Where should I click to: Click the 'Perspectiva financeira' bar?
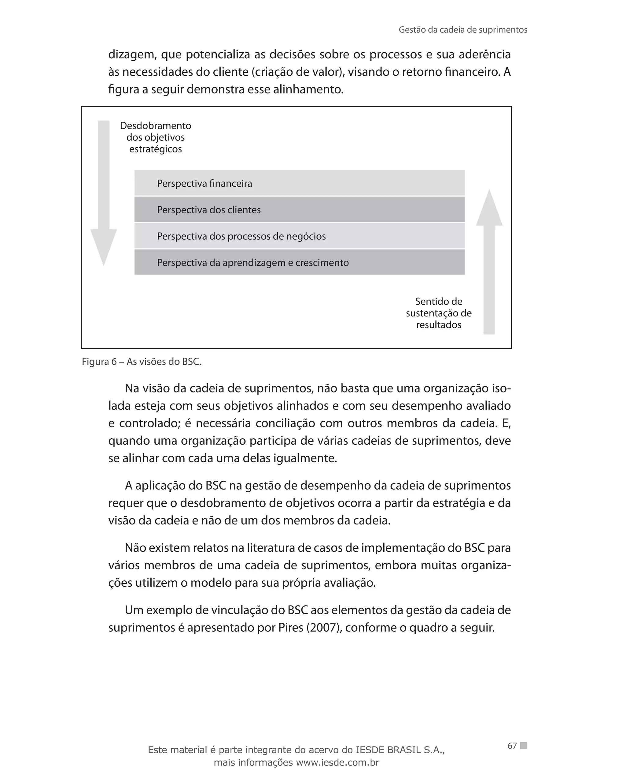[x=299, y=183]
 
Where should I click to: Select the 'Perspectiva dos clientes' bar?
[x=299, y=209]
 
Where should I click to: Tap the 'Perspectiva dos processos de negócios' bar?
[x=299, y=236]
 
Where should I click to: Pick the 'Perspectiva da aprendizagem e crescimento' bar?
[x=299, y=262]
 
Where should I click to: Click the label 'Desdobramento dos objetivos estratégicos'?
[x=155, y=137]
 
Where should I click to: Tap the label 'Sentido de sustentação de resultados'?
[x=439, y=313]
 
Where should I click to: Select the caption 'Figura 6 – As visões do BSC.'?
[x=141, y=361]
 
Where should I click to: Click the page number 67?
[x=512, y=746]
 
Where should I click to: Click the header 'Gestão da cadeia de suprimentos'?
[x=463, y=30]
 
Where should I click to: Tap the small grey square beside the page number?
[x=524, y=745]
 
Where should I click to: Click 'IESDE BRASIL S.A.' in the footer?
[x=400, y=750]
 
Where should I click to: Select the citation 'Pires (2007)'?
[x=309, y=627]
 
